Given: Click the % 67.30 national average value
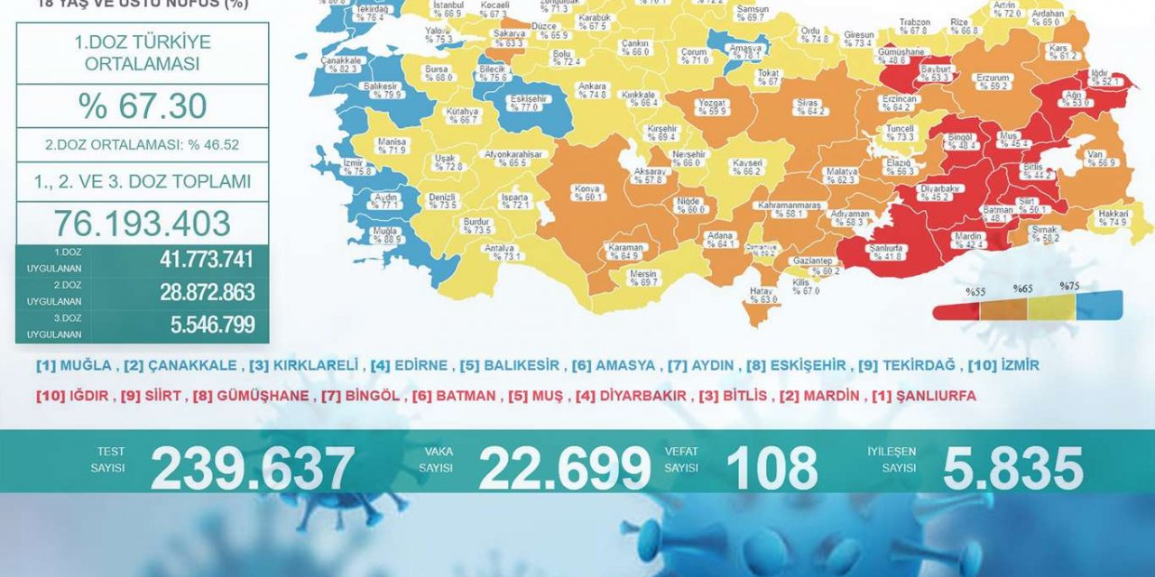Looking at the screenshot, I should tap(142, 106).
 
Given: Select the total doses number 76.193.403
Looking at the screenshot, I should tap(142, 223).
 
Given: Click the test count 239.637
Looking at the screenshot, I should tap(253, 469).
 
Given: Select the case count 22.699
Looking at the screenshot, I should tap(564, 469).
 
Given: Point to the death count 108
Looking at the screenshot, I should tap(772, 469).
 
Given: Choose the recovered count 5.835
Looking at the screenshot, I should tap(1012, 469).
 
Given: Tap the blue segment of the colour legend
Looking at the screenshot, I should tap(1099, 307).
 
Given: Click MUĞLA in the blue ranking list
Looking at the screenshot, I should tap(87, 366).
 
